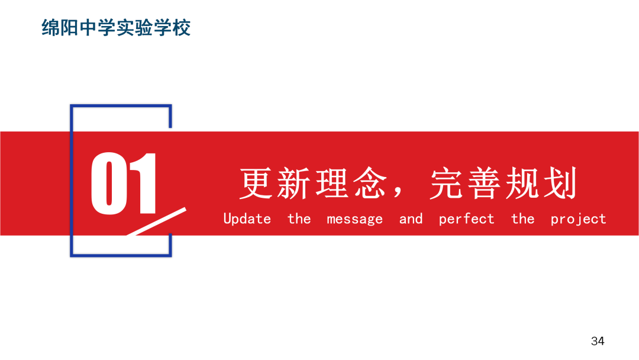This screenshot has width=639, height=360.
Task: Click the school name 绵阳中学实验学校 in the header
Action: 116,28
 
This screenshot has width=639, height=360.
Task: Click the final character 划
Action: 560,184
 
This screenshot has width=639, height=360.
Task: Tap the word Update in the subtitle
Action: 247,219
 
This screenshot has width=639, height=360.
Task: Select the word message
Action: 354,219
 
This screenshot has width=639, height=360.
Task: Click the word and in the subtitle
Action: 411,219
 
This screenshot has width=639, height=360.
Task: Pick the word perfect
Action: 466,219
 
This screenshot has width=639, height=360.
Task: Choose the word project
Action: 578,219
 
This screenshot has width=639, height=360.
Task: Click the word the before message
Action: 299,219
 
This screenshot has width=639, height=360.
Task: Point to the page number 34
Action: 598,341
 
